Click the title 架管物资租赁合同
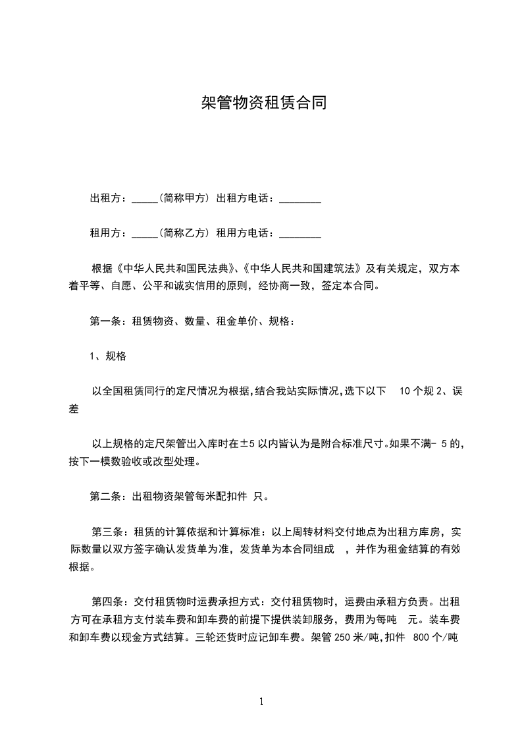pyautogui.click(x=263, y=103)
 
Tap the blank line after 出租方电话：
pyautogui.click(x=300, y=200)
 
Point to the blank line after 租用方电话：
pyautogui.click(x=300, y=234)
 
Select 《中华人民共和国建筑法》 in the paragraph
pyautogui.click(x=300, y=269)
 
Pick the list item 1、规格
pyautogui.click(x=108, y=356)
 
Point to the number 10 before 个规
pyautogui.click(x=405, y=391)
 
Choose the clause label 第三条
pyautogui.click(x=105, y=532)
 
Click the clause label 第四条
pyautogui.click(x=105, y=601)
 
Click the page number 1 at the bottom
pyautogui.click(x=261, y=701)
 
